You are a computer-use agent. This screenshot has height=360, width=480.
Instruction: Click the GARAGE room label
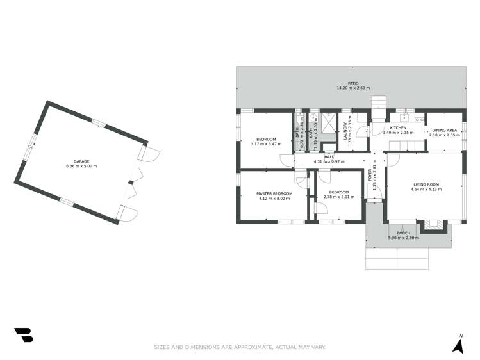pyautogui.click(x=81, y=161)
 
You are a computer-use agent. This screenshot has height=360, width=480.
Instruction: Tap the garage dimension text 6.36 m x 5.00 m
pyautogui.click(x=81, y=167)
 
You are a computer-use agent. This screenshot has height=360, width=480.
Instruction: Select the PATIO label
pyautogui.click(x=353, y=83)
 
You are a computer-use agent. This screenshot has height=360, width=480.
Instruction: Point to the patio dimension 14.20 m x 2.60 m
pyautogui.click(x=353, y=88)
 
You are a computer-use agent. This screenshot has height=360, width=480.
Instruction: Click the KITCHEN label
pyautogui.click(x=398, y=128)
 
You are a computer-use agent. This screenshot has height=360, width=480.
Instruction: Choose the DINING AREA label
pyautogui.click(x=445, y=130)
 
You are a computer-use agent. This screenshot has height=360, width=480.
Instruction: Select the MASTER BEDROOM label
pyautogui.click(x=274, y=193)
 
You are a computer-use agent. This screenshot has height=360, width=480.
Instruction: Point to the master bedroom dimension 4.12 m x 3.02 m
pyautogui.click(x=274, y=199)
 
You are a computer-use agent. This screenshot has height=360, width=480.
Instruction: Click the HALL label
pyautogui.click(x=329, y=156)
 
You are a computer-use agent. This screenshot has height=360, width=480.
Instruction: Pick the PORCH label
pyautogui.click(x=404, y=233)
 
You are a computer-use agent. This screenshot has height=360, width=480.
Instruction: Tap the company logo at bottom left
pyautogui.click(x=23, y=334)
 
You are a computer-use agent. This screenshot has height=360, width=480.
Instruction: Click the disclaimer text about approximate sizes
pyautogui.click(x=240, y=347)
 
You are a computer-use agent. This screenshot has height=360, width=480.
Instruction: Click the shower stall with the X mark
pyautogui.click(x=329, y=122)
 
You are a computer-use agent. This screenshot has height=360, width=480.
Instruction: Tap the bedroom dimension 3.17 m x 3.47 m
pyautogui.click(x=266, y=144)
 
